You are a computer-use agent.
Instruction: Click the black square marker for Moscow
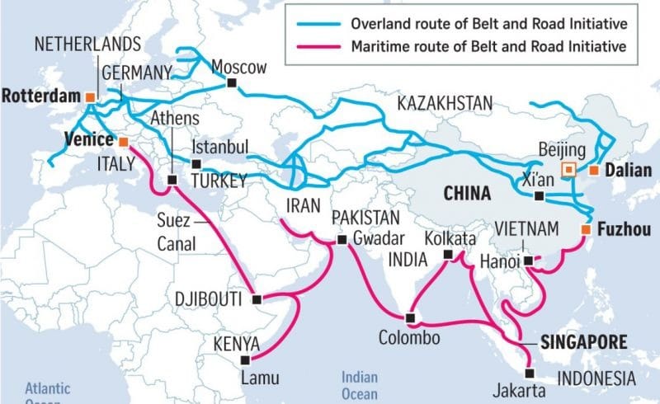click(233, 83)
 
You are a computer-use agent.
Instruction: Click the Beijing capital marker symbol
click(568, 170)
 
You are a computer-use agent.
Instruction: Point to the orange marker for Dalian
click(592, 171)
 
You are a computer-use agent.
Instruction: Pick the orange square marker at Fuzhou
click(585, 229)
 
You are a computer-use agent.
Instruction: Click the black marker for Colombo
click(410, 318)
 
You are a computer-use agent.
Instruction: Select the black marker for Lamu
click(243, 359)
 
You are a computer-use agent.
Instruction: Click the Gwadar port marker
click(342, 239)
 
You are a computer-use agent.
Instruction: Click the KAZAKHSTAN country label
click(445, 103)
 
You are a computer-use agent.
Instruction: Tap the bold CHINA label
click(467, 193)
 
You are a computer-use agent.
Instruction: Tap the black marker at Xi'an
click(539, 196)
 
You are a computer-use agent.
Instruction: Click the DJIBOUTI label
click(211, 298)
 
